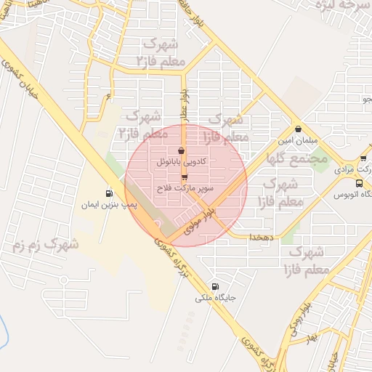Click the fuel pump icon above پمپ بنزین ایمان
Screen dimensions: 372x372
click(x=109, y=193)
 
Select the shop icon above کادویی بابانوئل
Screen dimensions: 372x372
click(x=181, y=151)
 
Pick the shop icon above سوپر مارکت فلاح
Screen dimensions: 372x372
click(x=185, y=177)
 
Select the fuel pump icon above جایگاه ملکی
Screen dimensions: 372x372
click(x=214, y=286)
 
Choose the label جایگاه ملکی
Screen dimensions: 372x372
click(x=214, y=298)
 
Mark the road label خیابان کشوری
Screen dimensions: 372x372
click(x=19, y=71)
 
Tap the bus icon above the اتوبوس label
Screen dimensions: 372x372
click(x=359, y=184)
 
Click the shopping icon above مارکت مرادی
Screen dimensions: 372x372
click(x=363, y=158)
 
